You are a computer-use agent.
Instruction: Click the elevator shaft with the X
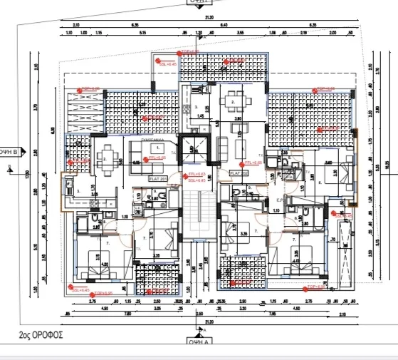tap(192, 149)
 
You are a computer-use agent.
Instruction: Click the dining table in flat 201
tap(105, 160)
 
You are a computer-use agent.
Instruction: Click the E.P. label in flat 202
tap(279, 201)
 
